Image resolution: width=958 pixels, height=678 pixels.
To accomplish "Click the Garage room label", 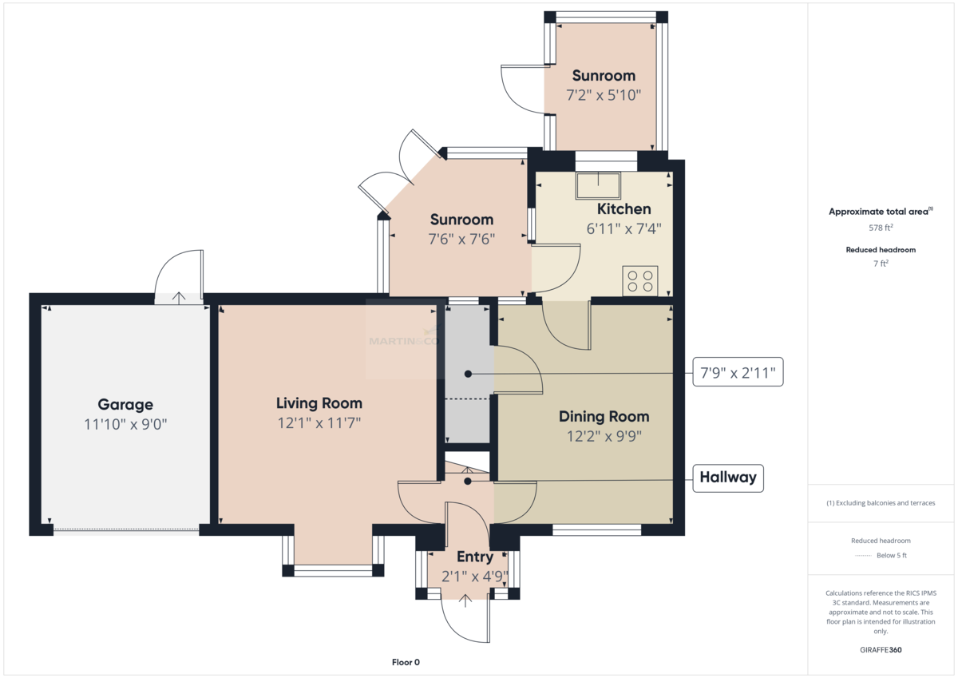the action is click(125, 405).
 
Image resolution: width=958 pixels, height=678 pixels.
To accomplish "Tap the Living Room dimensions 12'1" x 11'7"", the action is click(319, 423).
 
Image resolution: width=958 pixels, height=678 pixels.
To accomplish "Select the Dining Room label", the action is click(604, 417).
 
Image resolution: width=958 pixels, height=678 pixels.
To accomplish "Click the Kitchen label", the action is click(624, 208).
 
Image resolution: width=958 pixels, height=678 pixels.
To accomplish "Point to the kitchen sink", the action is click(598, 185).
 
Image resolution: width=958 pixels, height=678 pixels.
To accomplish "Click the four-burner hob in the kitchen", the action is click(639, 281).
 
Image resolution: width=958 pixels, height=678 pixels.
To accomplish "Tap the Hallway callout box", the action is click(728, 478).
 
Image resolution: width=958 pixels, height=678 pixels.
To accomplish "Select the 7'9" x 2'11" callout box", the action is click(738, 372).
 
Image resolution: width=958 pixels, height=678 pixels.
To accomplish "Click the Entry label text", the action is click(475, 557).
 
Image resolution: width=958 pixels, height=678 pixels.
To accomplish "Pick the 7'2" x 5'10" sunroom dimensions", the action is click(604, 95).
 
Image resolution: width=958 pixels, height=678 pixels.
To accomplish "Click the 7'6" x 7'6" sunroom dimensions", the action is click(461, 239).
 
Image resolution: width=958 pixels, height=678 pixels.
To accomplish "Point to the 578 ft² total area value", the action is click(881, 228).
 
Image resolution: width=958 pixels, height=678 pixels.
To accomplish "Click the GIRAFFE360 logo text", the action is click(881, 650).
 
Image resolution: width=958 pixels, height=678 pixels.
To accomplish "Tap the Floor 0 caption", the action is click(406, 662).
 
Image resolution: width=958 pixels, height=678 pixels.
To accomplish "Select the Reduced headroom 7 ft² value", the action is click(881, 264).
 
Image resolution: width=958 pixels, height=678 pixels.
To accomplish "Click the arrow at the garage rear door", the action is click(179, 297).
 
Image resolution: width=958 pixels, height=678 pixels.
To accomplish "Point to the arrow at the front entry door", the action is click(465, 601).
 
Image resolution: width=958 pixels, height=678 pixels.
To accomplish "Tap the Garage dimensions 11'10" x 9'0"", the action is click(125, 424).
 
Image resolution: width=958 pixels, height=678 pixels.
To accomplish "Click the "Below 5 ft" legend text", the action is click(892, 555).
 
